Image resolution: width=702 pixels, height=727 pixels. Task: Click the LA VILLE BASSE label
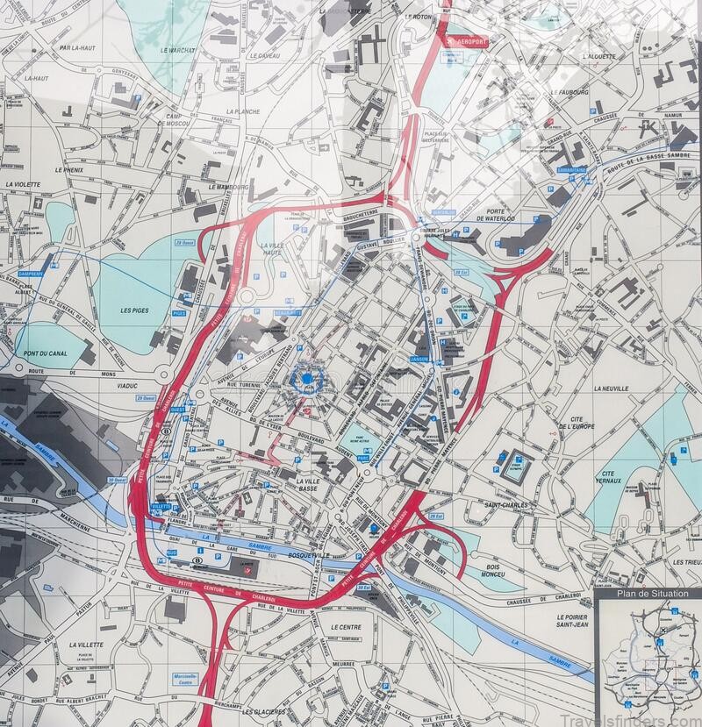tap(314, 486)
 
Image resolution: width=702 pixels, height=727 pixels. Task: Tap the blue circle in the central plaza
tap(306, 379)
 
